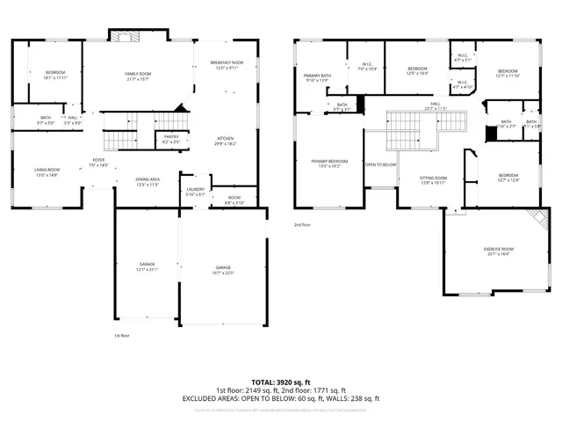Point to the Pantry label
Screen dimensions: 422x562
(170, 139)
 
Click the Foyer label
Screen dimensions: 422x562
(99, 162)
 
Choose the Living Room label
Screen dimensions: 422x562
(47, 171)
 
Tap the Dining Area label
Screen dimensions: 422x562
(148, 182)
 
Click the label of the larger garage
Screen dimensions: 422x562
(224, 269)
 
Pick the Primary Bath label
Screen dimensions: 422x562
(317, 78)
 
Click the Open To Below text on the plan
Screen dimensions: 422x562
(380, 164)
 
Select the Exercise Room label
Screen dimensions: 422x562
(499, 251)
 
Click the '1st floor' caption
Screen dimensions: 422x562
(121, 335)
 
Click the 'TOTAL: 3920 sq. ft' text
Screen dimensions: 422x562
(280, 381)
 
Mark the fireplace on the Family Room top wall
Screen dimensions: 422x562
(122, 35)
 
